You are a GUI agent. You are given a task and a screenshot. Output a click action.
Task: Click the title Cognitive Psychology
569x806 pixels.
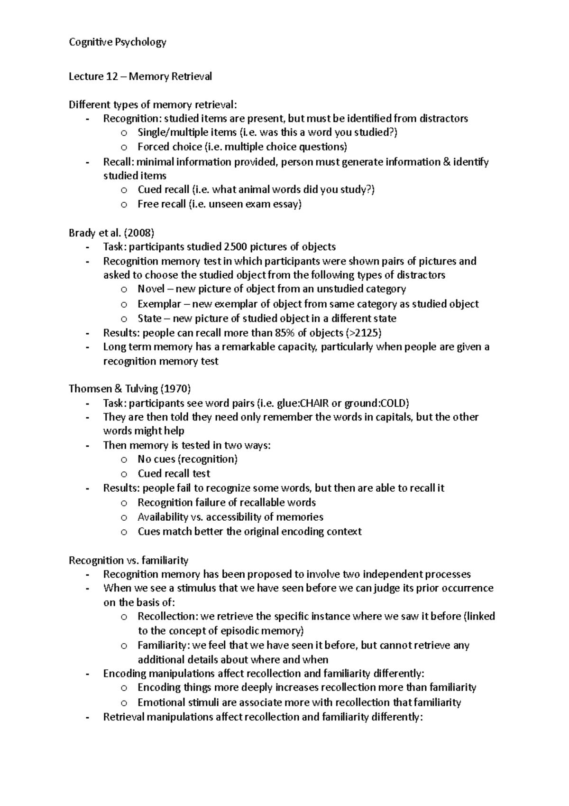pyautogui.click(x=117, y=42)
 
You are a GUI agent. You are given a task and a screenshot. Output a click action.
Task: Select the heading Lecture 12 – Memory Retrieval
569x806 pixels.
pyautogui.click(x=140, y=76)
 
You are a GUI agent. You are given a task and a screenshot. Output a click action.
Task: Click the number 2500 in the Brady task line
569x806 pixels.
pyautogui.click(x=235, y=247)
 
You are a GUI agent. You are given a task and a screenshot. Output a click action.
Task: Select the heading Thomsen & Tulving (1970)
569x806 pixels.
pyautogui.click(x=129, y=389)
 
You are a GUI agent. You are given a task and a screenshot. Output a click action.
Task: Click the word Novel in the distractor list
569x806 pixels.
pyautogui.click(x=151, y=289)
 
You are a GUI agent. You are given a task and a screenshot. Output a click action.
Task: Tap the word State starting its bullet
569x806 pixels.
pyautogui.click(x=149, y=319)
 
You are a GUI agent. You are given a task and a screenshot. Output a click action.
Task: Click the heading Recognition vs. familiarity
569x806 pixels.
pyautogui.click(x=128, y=560)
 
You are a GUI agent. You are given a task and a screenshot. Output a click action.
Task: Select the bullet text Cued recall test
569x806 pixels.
pyautogui.click(x=174, y=474)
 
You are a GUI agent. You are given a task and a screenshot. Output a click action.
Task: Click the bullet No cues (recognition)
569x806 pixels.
pyautogui.click(x=187, y=459)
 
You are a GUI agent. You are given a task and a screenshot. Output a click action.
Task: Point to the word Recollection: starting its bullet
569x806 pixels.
pyautogui.click(x=167, y=617)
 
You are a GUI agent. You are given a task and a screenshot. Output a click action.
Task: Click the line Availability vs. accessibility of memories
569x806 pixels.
pyautogui.click(x=230, y=517)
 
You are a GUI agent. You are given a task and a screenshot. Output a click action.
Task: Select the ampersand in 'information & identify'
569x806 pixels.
pyautogui.click(x=446, y=162)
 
